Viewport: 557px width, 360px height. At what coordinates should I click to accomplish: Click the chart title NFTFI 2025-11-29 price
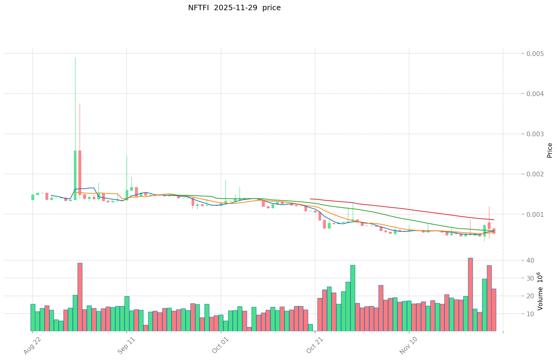(x=234, y=8)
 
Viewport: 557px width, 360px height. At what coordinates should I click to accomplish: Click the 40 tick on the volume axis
(x=530, y=260)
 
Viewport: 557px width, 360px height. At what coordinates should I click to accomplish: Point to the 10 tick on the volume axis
(x=530, y=314)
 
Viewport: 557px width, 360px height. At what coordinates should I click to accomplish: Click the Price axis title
(x=550, y=150)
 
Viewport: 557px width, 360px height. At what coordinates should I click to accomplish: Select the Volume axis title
(x=540, y=291)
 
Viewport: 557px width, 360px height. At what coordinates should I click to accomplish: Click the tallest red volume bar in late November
(x=470, y=294)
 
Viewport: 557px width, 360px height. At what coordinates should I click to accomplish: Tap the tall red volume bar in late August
(x=80, y=297)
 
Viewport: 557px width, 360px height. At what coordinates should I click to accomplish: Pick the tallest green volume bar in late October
(x=353, y=298)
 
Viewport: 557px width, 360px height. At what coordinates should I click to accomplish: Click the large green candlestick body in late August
(x=75, y=175)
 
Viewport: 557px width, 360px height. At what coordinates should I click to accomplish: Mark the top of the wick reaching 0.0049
(x=75, y=58)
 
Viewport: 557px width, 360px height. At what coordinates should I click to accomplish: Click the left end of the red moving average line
(x=311, y=199)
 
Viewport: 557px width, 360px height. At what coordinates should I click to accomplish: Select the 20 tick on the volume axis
(x=530, y=296)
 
